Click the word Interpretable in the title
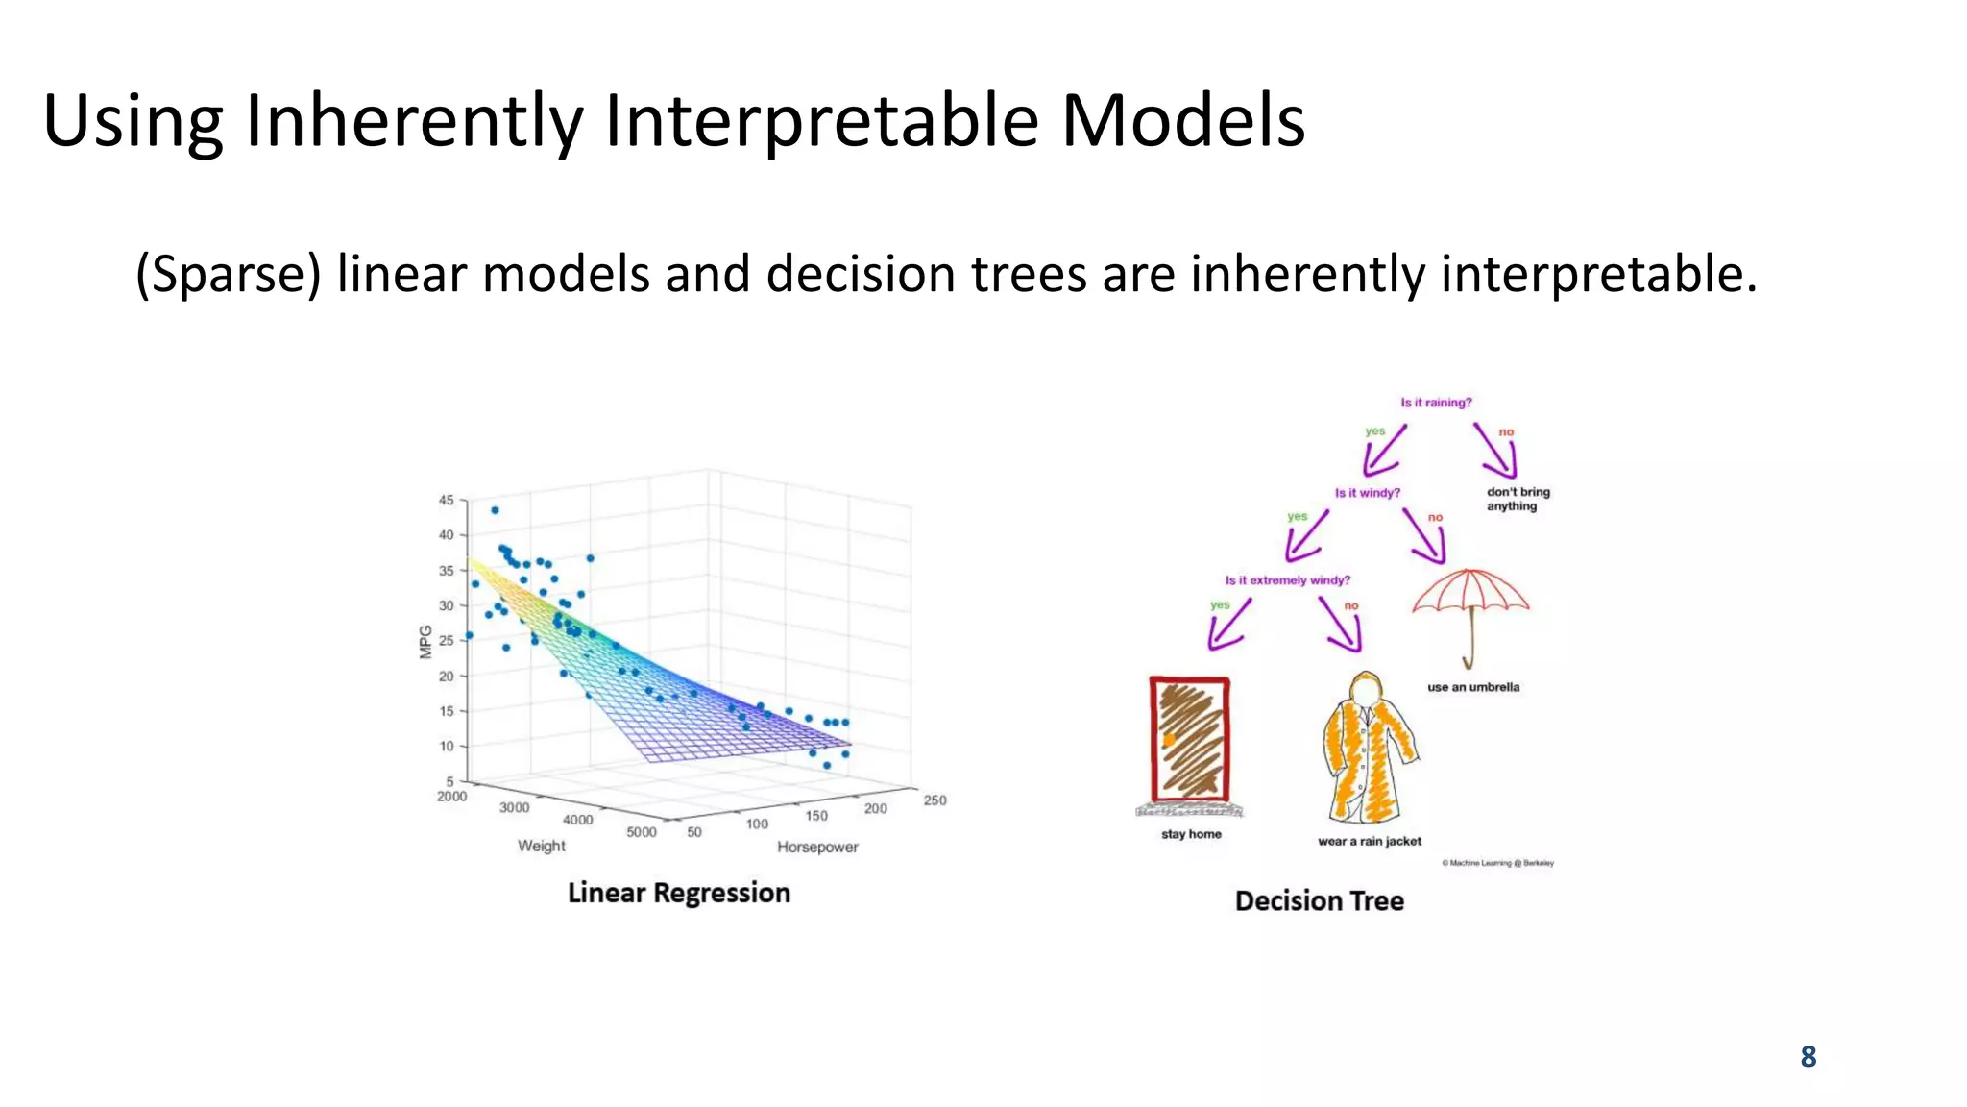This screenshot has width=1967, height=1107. [821, 122]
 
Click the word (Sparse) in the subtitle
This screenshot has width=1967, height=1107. [228, 276]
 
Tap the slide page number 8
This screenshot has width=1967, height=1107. [1808, 1057]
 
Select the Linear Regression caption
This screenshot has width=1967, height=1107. [678, 893]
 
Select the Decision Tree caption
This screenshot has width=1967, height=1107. [1319, 901]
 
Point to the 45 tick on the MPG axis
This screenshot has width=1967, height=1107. [447, 501]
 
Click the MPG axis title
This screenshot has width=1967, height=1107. [425, 642]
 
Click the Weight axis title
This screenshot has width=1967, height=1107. [541, 846]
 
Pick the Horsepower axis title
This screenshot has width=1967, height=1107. [817, 847]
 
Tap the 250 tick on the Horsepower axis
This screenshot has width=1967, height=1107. [935, 800]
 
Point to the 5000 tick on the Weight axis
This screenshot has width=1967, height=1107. [641, 832]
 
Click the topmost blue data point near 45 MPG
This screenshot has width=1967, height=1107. [495, 510]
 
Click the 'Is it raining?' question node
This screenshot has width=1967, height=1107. [1436, 403]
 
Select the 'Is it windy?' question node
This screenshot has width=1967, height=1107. [1367, 493]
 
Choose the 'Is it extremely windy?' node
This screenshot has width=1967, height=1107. [1287, 580]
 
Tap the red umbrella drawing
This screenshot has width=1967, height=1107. [1469, 605]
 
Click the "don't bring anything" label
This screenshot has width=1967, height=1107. [1518, 499]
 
